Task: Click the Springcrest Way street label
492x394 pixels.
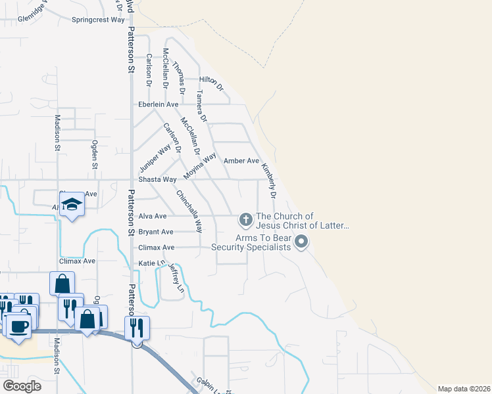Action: [x=98, y=20]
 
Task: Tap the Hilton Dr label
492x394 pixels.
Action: [x=212, y=82]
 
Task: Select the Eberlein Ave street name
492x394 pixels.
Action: [x=158, y=104]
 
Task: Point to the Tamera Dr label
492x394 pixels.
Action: [x=201, y=107]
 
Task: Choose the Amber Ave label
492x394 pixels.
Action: [x=241, y=161]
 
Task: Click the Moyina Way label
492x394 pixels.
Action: [x=200, y=167]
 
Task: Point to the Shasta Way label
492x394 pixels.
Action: [x=158, y=179]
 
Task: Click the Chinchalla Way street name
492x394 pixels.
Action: [x=189, y=211]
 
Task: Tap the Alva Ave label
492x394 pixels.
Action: [x=153, y=215]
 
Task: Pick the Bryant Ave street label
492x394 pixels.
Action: [x=156, y=232]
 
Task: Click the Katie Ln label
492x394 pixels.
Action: [x=151, y=263]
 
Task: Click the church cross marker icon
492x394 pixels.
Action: [x=245, y=219]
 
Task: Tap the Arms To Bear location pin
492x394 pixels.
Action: [x=302, y=242]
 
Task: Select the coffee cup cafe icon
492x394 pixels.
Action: [x=18, y=326]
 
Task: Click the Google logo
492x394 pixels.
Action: [x=22, y=386]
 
